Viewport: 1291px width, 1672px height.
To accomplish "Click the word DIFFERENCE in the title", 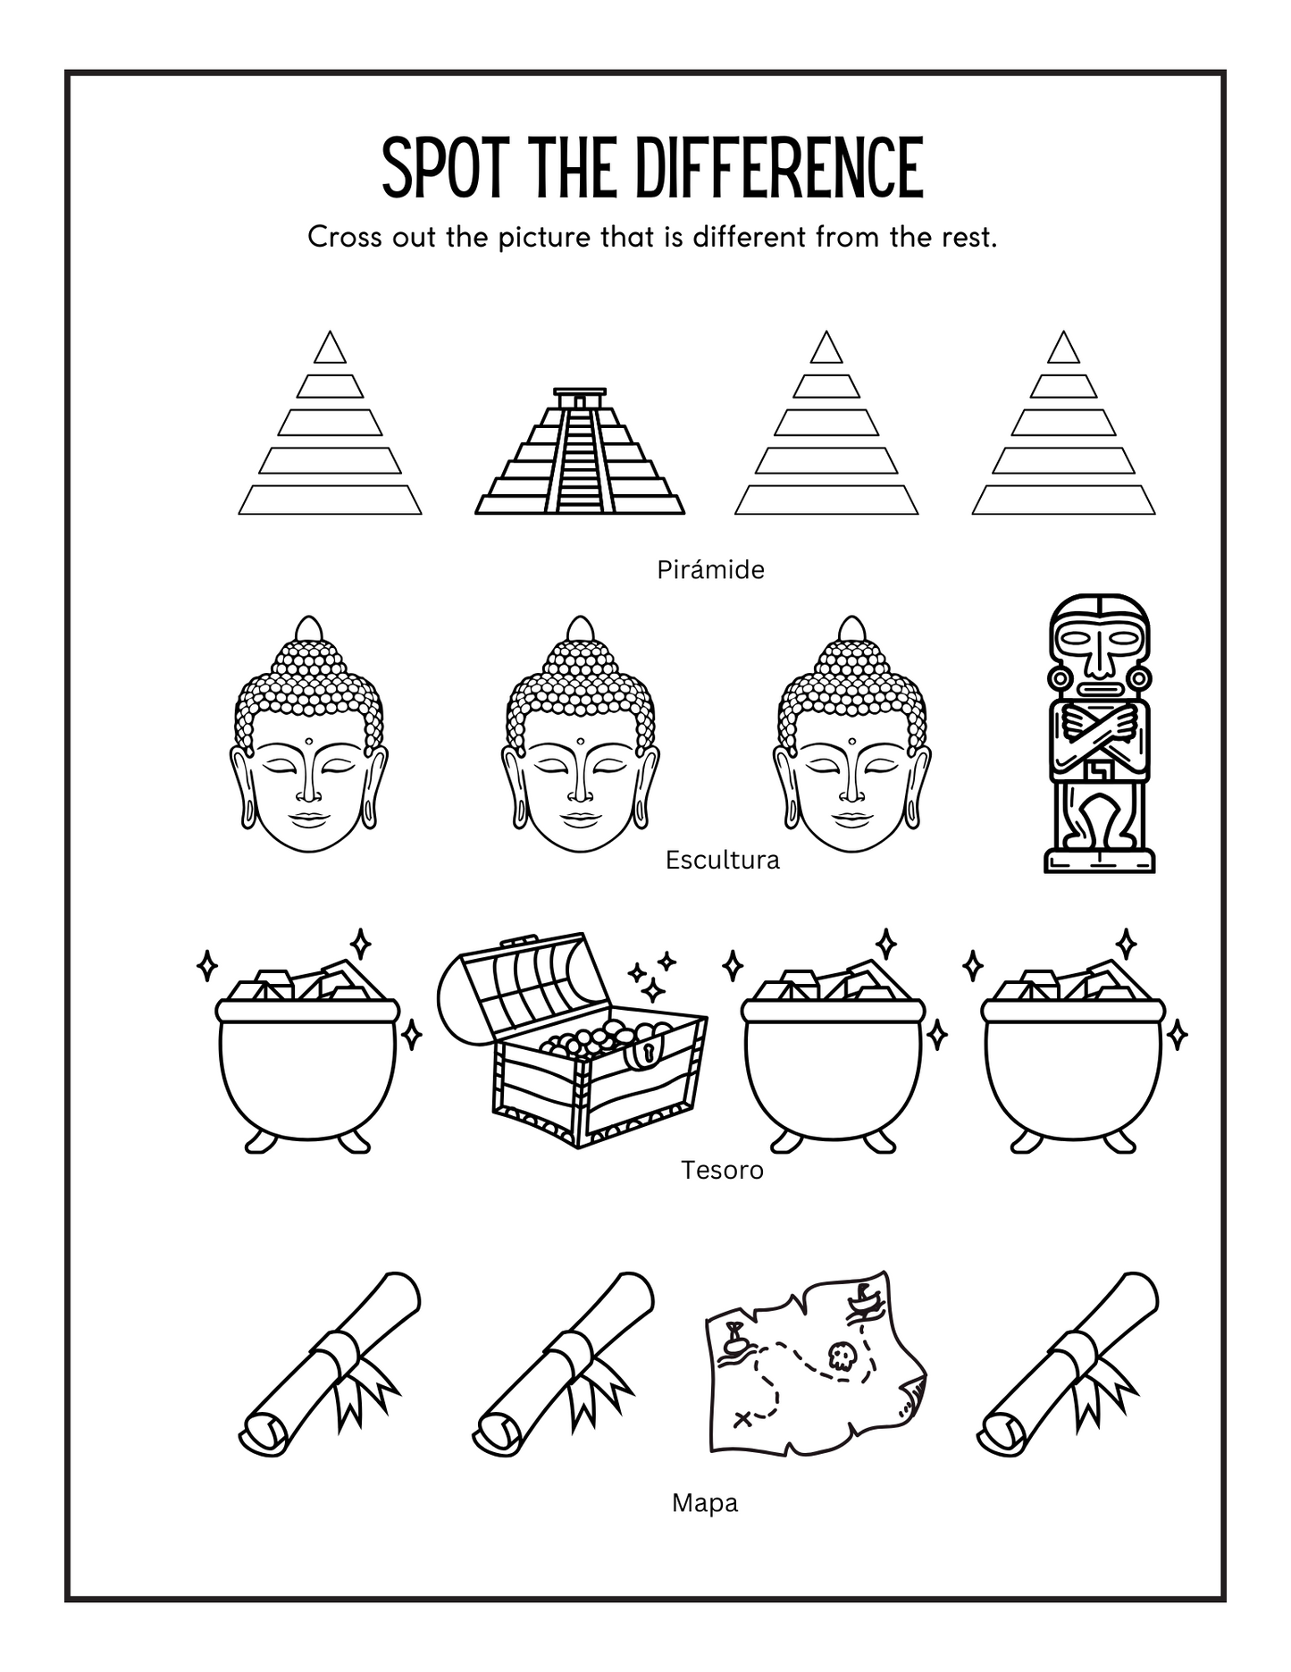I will pyautogui.click(x=775, y=168).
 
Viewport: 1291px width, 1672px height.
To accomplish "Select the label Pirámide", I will pyautogui.click(x=710, y=569).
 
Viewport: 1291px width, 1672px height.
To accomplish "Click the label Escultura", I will pyautogui.click(x=722, y=860).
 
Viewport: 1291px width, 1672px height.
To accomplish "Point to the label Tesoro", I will pyautogui.click(x=722, y=1170).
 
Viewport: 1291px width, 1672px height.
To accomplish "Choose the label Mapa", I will pyautogui.click(x=704, y=1503).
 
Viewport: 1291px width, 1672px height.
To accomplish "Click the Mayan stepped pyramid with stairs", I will pyautogui.click(x=579, y=456).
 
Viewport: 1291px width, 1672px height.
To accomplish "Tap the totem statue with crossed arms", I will pyautogui.click(x=1099, y=733).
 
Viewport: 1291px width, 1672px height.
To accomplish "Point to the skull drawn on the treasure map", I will pyautogui.click(x=839, y=1357).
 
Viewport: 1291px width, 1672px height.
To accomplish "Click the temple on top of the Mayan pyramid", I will pyautogui.click(x=579, y=399).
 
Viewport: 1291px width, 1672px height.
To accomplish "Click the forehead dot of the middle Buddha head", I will pyautogui.click(x=580, y=741).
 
